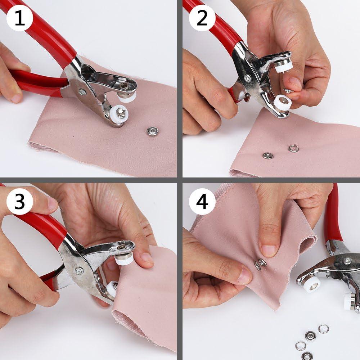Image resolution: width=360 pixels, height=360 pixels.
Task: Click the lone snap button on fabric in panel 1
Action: pos(153,131)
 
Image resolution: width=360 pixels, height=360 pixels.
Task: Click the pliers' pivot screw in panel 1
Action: pos(82,92)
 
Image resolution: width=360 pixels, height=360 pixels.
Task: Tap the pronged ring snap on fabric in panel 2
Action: pos(293,148)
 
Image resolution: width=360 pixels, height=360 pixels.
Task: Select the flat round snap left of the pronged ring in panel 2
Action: pos(267,156)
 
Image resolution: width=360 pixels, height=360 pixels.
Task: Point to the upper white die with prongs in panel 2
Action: pos(283,66)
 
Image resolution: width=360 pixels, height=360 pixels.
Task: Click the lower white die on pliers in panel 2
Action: pos(283,103)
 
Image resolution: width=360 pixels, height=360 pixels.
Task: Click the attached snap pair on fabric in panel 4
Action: pos(260,264)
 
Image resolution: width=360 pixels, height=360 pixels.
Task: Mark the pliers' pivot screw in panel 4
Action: pos(347,261)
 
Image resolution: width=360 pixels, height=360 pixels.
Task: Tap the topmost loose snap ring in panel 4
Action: pos(323,328)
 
